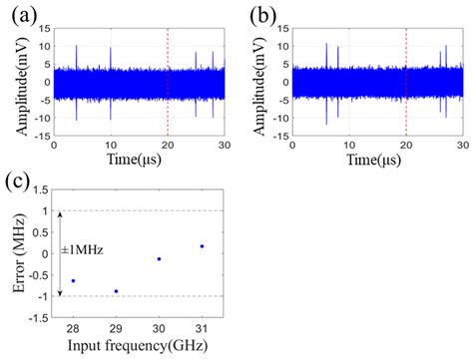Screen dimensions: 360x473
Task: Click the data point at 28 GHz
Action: (x=73, y=281)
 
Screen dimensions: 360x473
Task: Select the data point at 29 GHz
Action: (x=116, y=291)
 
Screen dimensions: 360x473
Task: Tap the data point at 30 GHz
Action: (x=159, y=259)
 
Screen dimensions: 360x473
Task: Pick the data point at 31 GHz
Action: (x=202, y=246)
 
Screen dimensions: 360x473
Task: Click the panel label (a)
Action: (x=17, y=14)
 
